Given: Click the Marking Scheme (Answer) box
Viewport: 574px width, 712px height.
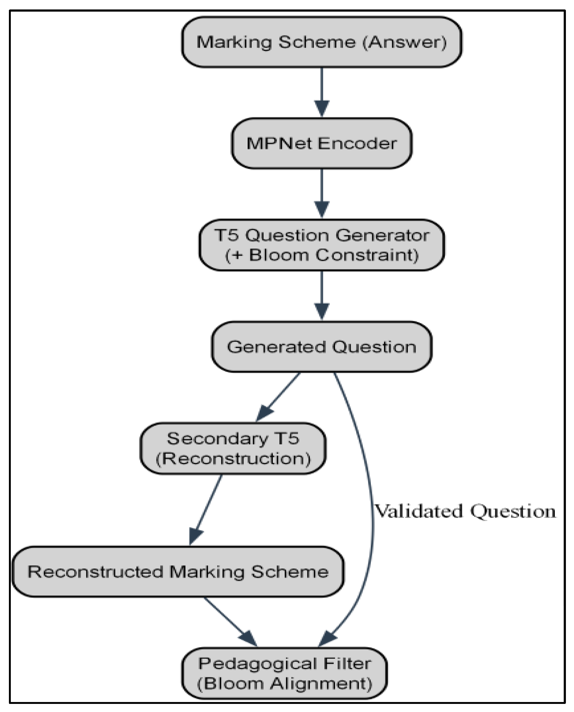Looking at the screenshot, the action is [x=322, y=42].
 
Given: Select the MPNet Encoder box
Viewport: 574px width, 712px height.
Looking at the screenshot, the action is [x=322, y=143].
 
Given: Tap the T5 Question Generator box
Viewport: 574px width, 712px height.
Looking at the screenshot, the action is [x=322, y=245].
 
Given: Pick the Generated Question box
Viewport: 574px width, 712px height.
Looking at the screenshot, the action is [x=322, y=347].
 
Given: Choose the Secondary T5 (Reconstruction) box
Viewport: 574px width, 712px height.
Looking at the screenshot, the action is [x=233, y=448].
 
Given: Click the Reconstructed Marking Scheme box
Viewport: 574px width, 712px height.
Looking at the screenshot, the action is [x=178, y=572].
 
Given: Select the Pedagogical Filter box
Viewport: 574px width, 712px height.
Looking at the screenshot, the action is [x=284, y=673].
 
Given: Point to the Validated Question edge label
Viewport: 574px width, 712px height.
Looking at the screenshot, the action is [x=465, y=511].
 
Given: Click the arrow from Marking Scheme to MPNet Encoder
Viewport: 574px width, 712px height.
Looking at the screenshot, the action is [x=322, y=93].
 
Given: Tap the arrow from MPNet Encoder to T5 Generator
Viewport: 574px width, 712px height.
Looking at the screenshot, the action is [x=322, y=194].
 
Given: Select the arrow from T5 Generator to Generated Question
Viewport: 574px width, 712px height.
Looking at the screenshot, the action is [x=322, y=296].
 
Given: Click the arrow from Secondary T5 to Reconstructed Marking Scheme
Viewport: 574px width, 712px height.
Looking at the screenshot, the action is [x=205, y=510].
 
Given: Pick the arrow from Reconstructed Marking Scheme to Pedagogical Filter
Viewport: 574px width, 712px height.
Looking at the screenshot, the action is [x=230, y=622].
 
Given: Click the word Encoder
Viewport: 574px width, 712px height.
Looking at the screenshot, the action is [x=357, y=143].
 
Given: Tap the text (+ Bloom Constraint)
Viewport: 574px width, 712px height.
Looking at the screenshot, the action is [x=322, y=255].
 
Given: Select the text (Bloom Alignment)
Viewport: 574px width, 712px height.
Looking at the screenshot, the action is [x=284, y=684].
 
